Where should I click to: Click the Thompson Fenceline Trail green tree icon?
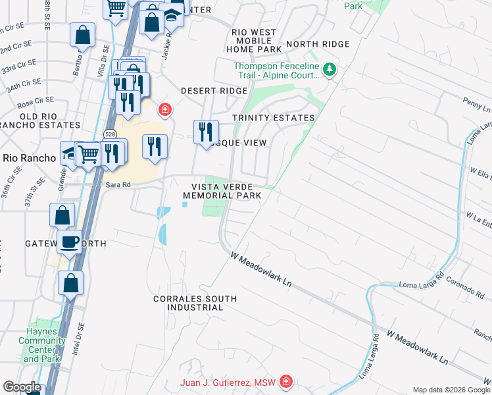click(x=330, y=69)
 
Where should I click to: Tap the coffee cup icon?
click(x=70, y=242)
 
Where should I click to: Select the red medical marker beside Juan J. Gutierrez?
click(x=285, y=382)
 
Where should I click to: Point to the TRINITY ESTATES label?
click(x=274, y=118)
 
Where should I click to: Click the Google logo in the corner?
click(x=21, y=387)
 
